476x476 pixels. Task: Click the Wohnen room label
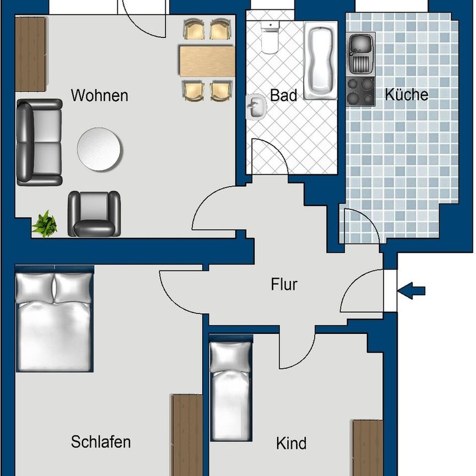tap(99, 95)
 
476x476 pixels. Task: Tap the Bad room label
tap(283, 95)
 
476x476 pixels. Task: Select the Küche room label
tap(407, 94)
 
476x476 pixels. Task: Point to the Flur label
tap(284, 285)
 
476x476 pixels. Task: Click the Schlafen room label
tap(101, 441)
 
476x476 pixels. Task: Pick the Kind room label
tap(291, 443)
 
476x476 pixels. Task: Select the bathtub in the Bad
tap(320, 59)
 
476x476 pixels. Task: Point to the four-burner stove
tap(360, 91)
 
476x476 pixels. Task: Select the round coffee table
tap(100, 149)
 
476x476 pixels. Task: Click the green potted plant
tap(45, 224)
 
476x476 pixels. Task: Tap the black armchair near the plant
tap(94, 214)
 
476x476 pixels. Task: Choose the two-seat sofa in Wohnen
tap(39, 142)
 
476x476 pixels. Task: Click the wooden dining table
tap(207, 61)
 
